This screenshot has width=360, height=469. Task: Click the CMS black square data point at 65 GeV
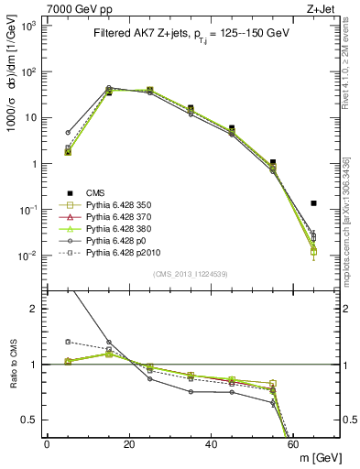click(313, 203)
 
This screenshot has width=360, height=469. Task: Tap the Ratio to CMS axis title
click(12, 364)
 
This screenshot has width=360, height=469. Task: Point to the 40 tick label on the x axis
click(211, 444)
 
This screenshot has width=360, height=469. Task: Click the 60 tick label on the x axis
click(293, 444)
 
